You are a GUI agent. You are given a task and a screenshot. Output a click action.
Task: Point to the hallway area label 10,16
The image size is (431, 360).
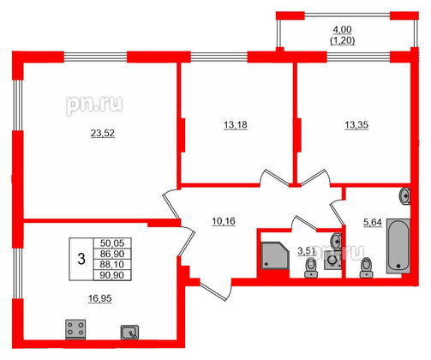[x=223, y=221]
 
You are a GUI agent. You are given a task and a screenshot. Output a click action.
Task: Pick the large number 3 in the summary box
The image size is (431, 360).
[x=80, y=254]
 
